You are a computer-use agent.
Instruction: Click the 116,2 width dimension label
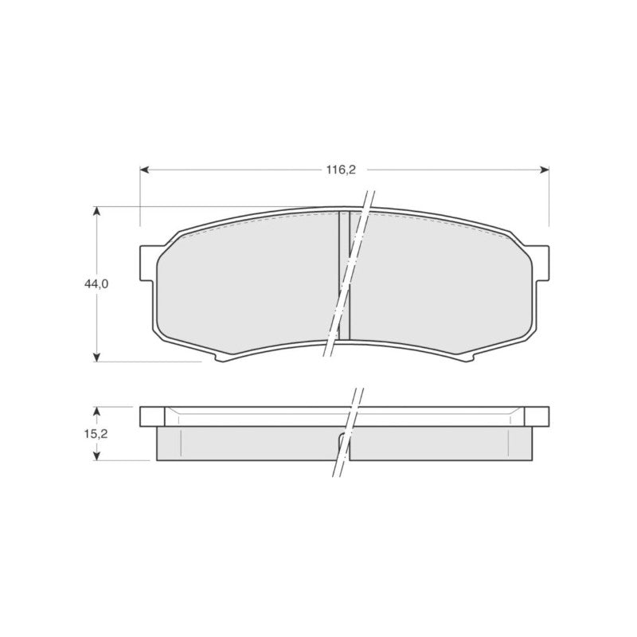tap(341, 170)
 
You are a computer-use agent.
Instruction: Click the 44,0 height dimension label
tap(96, 284)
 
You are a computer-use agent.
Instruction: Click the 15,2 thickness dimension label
tap(96, 434)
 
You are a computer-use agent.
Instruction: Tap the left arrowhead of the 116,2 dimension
tap(144, 170)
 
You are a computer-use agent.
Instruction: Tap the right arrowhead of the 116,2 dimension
tap(545, 170)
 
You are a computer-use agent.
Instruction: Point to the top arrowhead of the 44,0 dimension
tap(96, 212)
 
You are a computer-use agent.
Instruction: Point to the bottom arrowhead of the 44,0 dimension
tap(96, 357)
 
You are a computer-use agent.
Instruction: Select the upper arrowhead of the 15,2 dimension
tap(96, 412)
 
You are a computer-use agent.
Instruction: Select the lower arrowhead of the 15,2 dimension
tap(96, 455)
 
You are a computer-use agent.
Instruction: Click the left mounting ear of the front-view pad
tap(147, 264)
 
